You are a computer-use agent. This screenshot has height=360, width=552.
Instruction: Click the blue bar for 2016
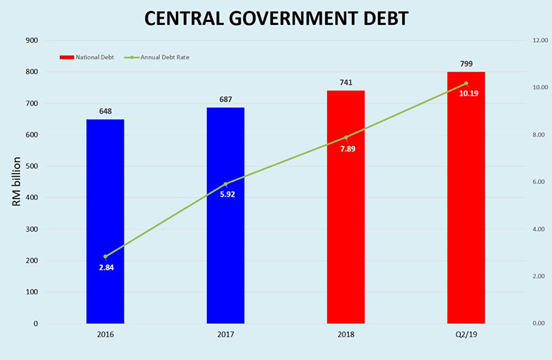click(x=105, y=221)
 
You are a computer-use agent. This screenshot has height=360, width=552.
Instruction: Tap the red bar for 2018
click(x=346, y=207)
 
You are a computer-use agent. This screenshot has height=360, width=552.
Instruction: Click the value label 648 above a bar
click(x=106, y=111)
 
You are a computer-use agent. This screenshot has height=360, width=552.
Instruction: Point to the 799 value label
click(x=466, y=63)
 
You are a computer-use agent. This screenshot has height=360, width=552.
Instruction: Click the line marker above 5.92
click(x=226, y=184)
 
